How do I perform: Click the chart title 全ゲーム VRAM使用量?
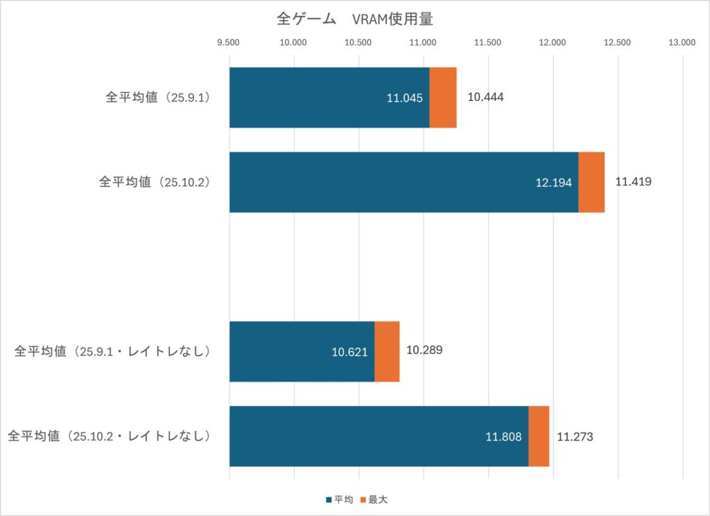point(354,19)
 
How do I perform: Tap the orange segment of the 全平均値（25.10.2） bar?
point(591,182)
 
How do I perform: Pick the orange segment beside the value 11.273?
point(539,436)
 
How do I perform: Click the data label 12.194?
point(553,183)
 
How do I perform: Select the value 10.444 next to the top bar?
point(485,97)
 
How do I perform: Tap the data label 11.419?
point(633,182)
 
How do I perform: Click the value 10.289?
point(424,350)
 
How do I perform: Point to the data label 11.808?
point(503,437)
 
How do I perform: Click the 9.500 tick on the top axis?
point(228,42)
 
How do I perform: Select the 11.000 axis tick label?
point(423,42)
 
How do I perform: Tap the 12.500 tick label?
point(617,42)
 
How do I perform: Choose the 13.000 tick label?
point(682,42)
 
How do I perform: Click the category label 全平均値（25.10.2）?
point(155,182)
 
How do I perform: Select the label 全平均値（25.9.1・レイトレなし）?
point(112,351)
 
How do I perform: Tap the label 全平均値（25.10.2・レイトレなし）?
point(109,436)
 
